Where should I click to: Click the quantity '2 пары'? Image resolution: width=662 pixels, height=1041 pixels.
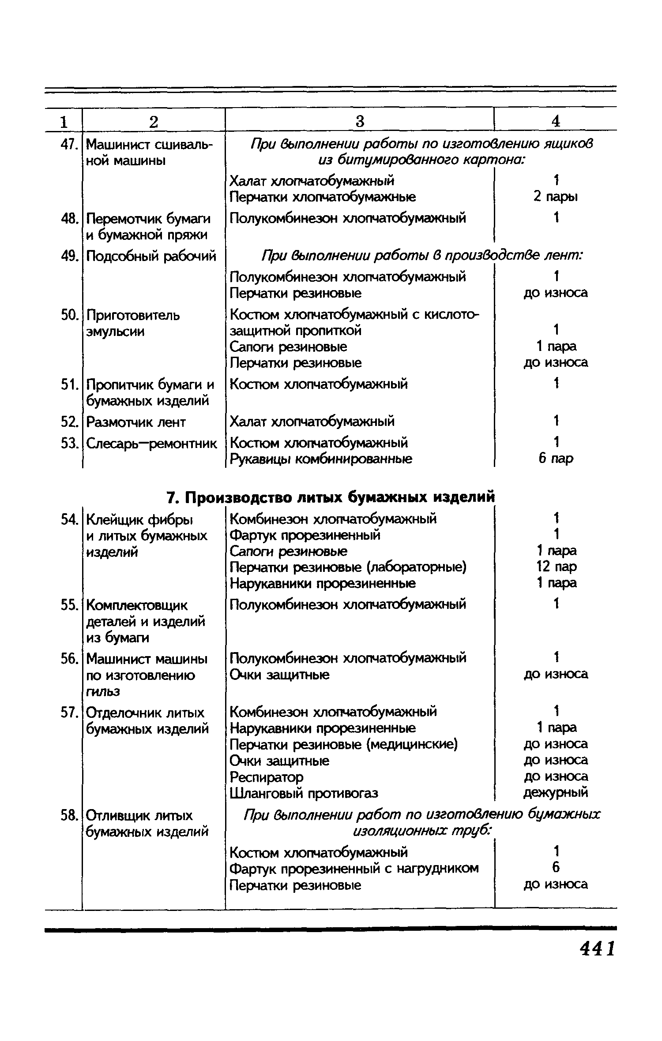(x=556, y=197)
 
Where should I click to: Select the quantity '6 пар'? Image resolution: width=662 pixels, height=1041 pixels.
(x=556, y=459)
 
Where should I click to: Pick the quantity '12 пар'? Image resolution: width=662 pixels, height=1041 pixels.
(x=556, y=567)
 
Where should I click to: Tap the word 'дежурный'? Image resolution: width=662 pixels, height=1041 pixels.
(x=556, y=793)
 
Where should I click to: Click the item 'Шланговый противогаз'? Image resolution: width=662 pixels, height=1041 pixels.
(x=304, y=793)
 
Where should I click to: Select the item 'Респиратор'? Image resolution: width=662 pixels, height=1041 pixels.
(x=267, y=777)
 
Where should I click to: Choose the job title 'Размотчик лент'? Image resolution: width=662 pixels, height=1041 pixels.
(x=136, y=422)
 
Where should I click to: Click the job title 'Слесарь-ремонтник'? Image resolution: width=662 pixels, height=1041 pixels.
(x=151, y=443)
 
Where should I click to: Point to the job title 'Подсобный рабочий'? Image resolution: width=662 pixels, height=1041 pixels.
(x=151, y=256)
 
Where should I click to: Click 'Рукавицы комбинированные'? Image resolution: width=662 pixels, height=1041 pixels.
(x=321, y=459)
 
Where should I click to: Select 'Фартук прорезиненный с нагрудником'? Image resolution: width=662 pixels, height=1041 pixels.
(x=354, y=868)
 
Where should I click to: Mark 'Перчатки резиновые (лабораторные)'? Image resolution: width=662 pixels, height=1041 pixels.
(x=348, y=567)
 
